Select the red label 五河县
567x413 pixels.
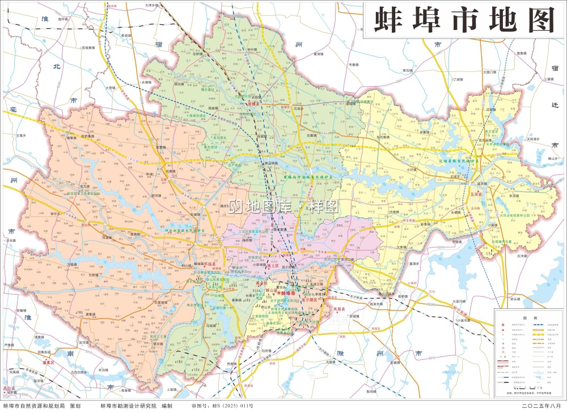click(476, 194)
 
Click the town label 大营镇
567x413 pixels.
click(111, 88)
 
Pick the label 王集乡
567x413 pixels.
click(22, 135)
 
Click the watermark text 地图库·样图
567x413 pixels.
click(283, 207)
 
